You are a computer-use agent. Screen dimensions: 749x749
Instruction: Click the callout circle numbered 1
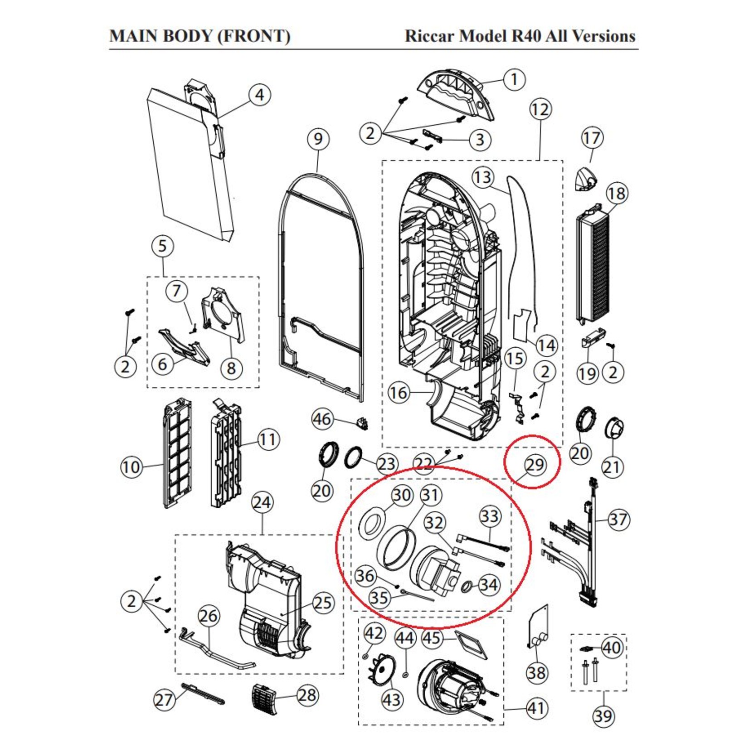pos(514,79)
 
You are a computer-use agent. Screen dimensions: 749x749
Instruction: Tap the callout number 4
pos(259,95)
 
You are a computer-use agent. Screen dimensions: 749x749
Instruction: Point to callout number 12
pos(540,109)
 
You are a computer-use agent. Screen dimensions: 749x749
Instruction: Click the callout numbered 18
pos(616,194)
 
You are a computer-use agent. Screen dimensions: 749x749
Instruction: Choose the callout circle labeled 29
pos(535,465)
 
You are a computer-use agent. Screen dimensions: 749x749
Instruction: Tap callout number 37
pos(618,520)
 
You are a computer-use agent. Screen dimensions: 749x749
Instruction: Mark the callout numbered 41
pos(536,708)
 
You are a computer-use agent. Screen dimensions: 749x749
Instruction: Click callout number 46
pos(322,419)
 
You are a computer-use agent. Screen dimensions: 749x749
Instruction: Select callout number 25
pos(323,603)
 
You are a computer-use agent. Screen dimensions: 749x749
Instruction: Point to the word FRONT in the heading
pos(253,36)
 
